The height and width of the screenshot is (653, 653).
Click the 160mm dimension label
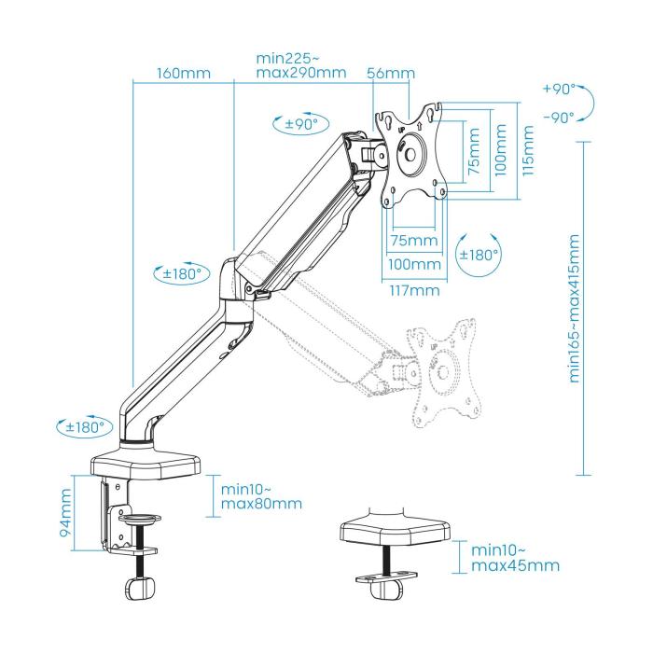184,73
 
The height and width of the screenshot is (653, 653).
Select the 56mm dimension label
391,73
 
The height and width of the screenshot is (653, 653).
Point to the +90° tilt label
558,90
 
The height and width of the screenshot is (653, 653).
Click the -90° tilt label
558,118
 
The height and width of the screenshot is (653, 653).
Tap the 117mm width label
414,290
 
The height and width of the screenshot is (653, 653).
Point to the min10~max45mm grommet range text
516,558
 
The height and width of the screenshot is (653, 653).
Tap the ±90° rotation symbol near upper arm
296,124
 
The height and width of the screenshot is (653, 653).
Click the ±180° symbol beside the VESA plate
479,254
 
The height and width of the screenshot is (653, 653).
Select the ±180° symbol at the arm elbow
178,273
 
